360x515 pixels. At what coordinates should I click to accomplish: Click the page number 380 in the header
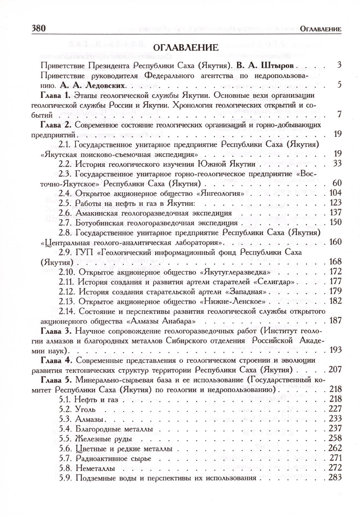pyautogui.click(x=39, y=28)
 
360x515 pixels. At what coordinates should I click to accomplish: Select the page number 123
pyautogui.click(x=335, y=203)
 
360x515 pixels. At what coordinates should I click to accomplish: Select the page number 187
pyautogui.click(x=335, y=321)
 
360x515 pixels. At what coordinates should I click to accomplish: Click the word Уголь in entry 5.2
pyautogui.click(x=85, y=409)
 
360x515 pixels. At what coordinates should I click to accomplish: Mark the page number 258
pyautogui.click(x=335, y=438)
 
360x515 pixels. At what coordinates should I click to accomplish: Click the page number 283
pyautogui.click(x=335, y=477)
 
